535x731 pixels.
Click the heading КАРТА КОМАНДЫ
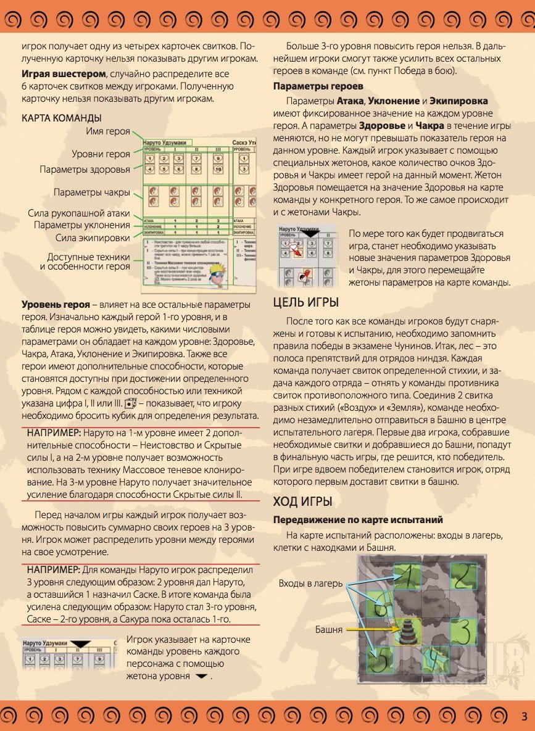[62, 118]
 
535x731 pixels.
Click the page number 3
[523, 716]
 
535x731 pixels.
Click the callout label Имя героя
[109, 131]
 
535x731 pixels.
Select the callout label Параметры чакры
[92, 191]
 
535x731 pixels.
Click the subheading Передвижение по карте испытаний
[358, 520]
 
